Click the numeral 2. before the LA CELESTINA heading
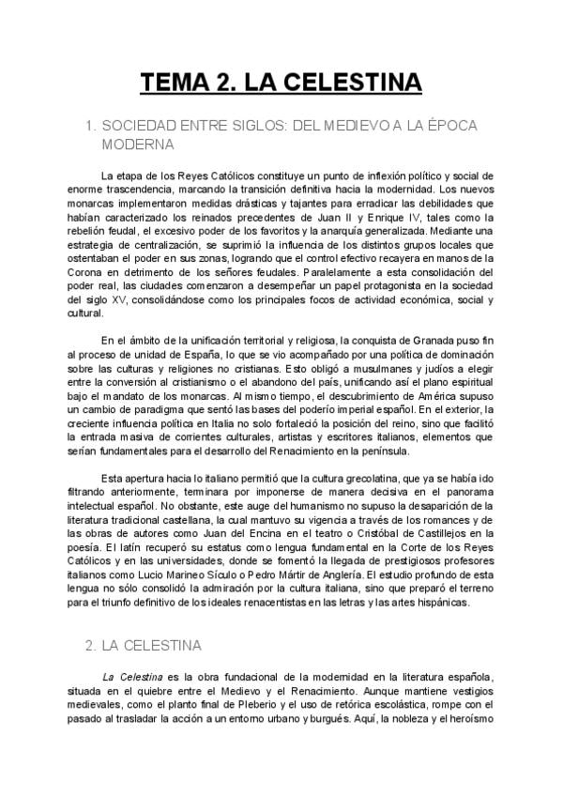90,646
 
